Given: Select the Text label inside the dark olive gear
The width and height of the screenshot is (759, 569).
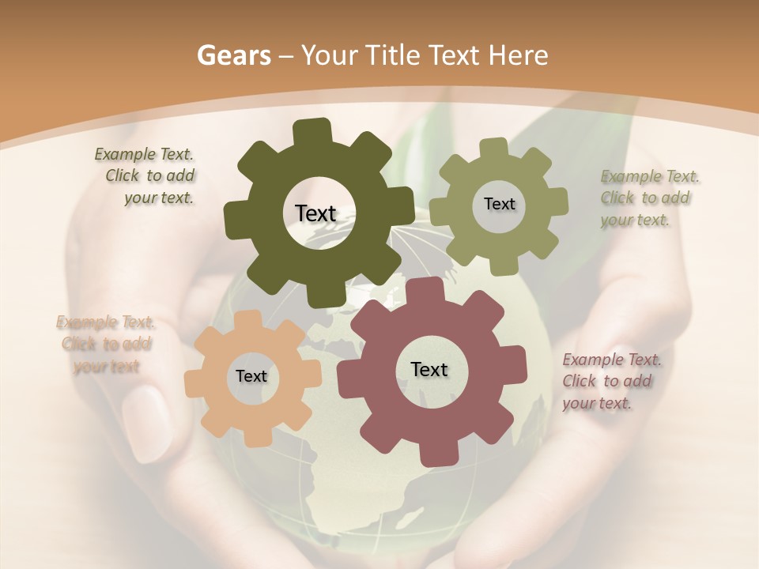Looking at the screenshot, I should (315, 213).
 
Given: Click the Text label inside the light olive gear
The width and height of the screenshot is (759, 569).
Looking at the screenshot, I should (499, 204).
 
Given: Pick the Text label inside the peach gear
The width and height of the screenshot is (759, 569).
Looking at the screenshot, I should (251, 376).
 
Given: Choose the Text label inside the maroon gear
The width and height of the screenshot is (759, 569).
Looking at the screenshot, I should (429, 369).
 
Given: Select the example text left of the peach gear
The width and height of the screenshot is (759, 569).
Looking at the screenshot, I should (106, 344).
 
